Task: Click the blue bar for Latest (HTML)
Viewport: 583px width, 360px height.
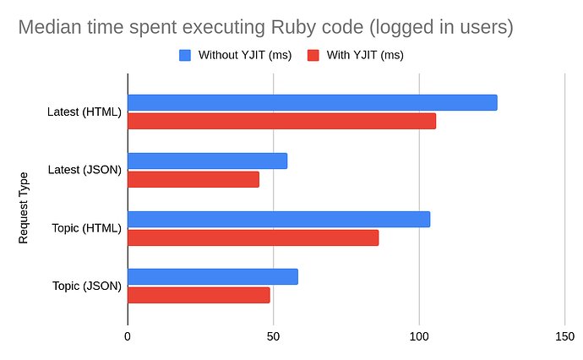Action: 312,102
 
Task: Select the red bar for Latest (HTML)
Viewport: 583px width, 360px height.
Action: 281,121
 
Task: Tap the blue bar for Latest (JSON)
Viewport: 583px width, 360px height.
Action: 207,161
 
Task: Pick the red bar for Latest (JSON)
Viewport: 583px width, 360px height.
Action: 193,179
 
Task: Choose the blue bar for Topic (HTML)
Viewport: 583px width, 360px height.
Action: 279,219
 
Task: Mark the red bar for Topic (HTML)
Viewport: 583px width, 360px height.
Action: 253,237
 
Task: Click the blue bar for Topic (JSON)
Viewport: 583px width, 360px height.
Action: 212,276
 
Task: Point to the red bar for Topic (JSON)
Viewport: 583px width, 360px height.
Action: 199,295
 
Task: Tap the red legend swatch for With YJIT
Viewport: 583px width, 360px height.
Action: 312,56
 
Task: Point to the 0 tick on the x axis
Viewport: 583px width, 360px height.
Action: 128,335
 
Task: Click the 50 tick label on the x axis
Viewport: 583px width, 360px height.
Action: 273,335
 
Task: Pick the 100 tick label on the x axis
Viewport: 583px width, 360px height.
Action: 419,335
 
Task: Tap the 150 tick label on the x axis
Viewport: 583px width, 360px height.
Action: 564,335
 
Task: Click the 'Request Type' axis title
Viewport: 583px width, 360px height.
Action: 24,207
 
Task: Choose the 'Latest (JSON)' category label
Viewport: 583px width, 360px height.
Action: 84,170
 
